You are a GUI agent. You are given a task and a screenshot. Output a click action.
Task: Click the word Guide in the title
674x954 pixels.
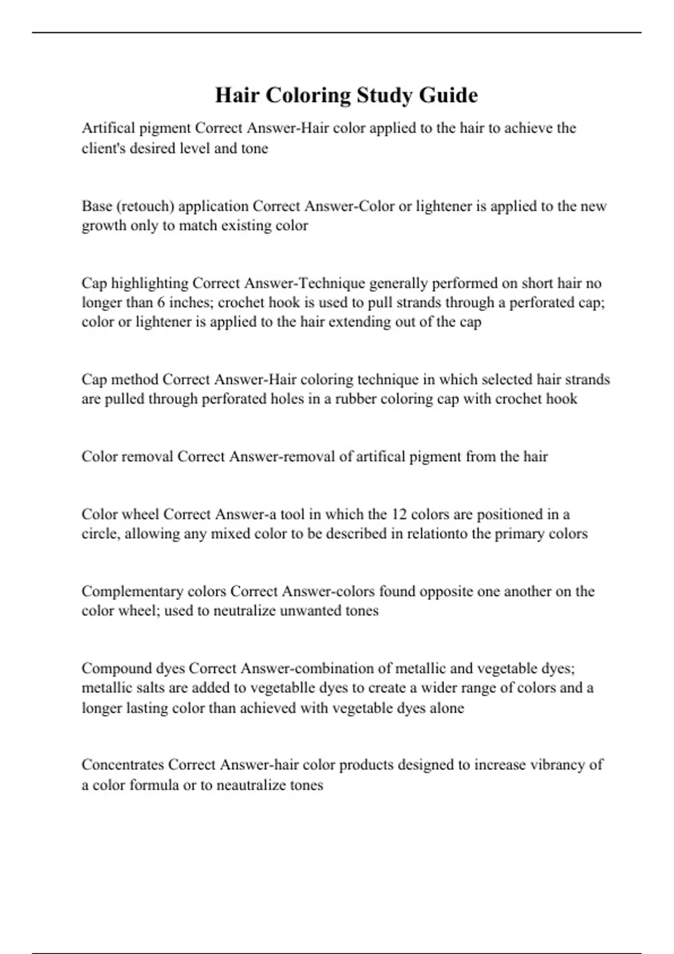[x=448, y=95]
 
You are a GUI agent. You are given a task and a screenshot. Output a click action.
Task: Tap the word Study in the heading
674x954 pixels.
[x=386, y=95]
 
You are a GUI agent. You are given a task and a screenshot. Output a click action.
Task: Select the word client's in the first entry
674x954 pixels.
[x=103, y=148]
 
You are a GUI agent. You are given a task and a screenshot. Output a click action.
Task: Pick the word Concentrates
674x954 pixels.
[x=123, y=765]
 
